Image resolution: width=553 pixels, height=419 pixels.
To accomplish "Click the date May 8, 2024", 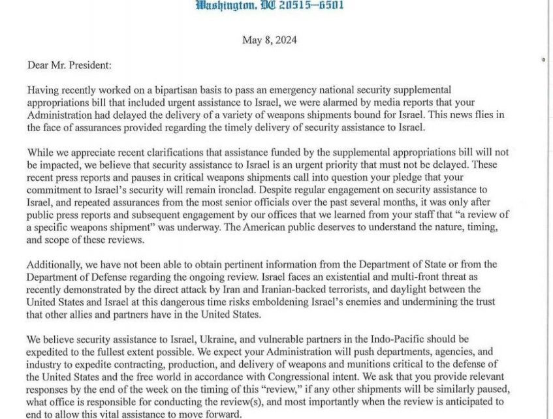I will (270, 40).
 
